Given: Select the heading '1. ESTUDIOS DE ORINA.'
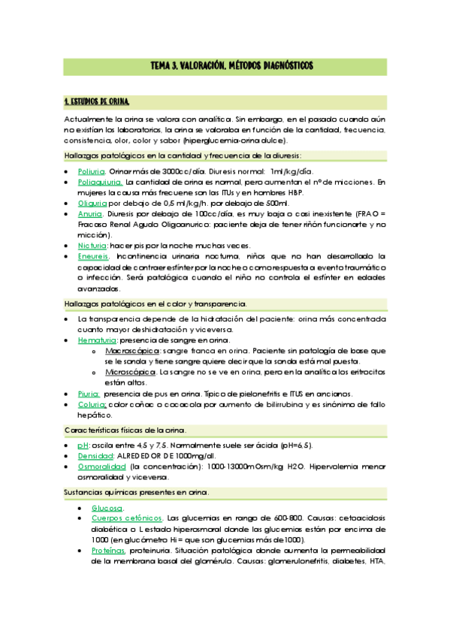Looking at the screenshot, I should [x=97, y=101].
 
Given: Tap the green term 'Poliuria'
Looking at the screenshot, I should [x=92, y=171].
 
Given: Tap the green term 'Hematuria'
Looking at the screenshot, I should [x=97, y=340].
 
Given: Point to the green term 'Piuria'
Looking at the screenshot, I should [x=89, y=394].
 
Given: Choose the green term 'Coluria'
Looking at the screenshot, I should [x=92, y=404].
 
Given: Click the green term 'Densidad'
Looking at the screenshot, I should [x=95, y=456].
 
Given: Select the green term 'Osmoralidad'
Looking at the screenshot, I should [x=101, y=466].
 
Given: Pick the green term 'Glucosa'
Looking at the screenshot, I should [x=107, y=508].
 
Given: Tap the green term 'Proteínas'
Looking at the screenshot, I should [x=108, y=550].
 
